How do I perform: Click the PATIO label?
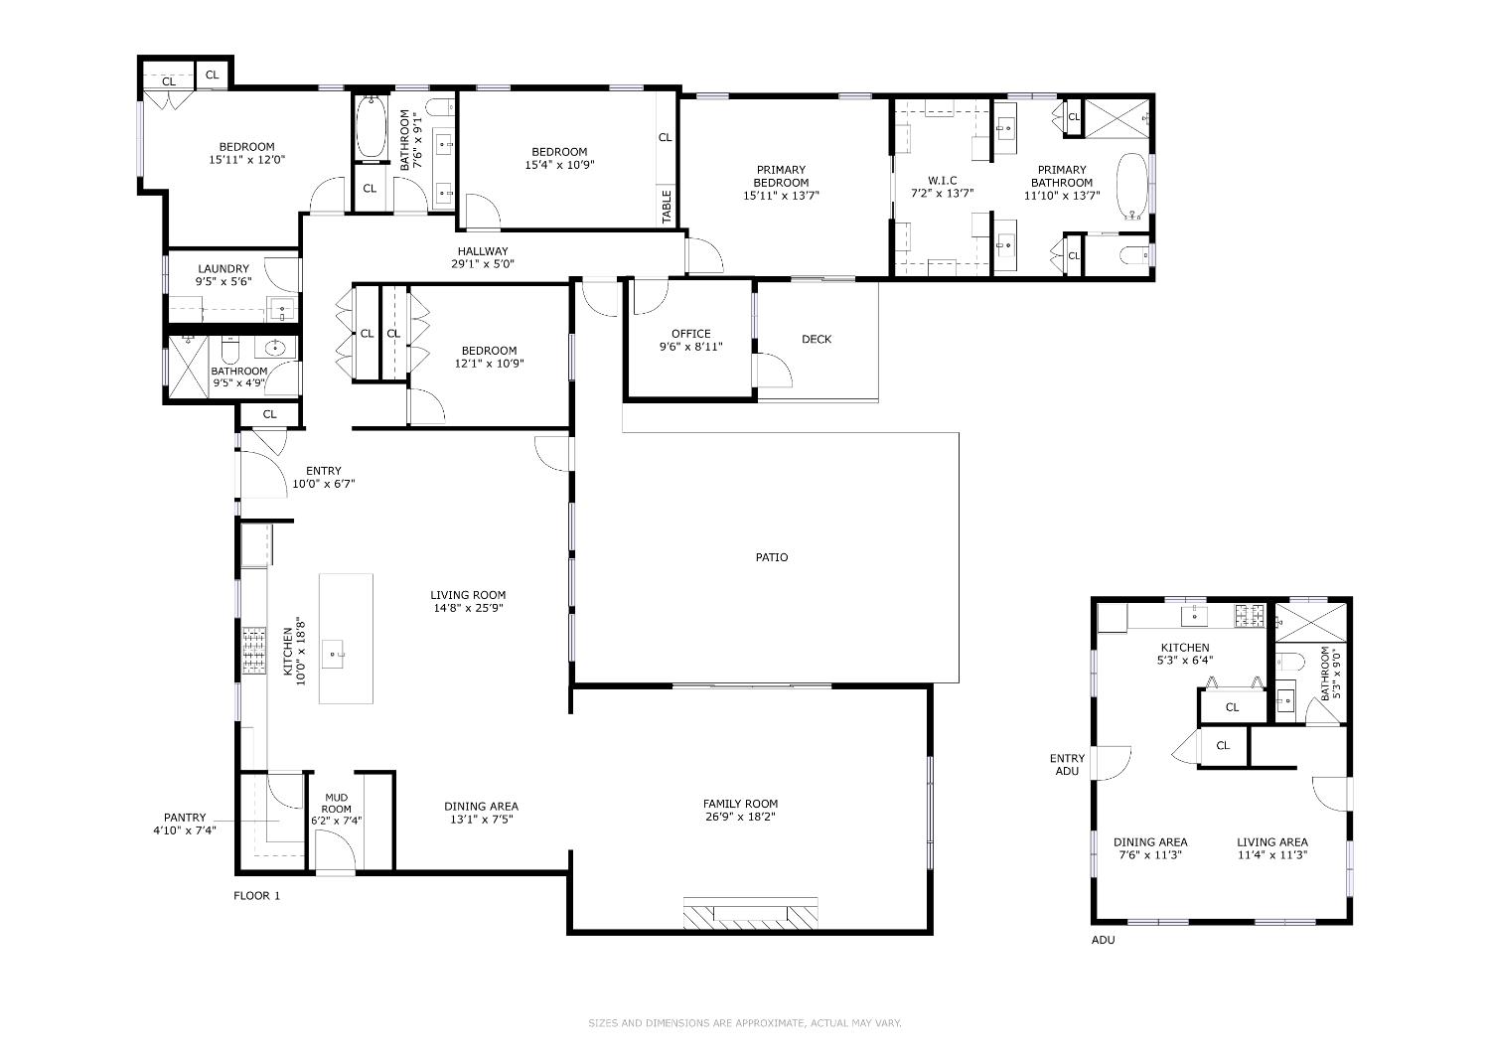tap(772, 557)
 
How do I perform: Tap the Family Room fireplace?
tap(750, 913)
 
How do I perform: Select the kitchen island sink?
tap(333, 655)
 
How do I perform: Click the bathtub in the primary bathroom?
tap(1131, 187)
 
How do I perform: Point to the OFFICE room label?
tap(691, 334)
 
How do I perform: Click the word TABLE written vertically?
tap(667, 207)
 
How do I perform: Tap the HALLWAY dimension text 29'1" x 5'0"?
tap(482, 264)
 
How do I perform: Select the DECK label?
tap(817, 340)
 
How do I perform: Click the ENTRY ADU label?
tap(1067, 764)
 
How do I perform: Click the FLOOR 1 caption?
tap(256, 896)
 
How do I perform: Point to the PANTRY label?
tap(185, 818)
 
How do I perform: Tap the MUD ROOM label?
tap(336, 804)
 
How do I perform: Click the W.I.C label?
tap(943, 181)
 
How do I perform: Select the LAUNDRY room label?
tap(223, 269)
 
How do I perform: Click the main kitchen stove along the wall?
tap(253, 651)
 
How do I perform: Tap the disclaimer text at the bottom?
tap(744, 1023)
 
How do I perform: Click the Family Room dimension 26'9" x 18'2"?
tap(740, 817)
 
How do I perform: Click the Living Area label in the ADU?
tap(1272, 842)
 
